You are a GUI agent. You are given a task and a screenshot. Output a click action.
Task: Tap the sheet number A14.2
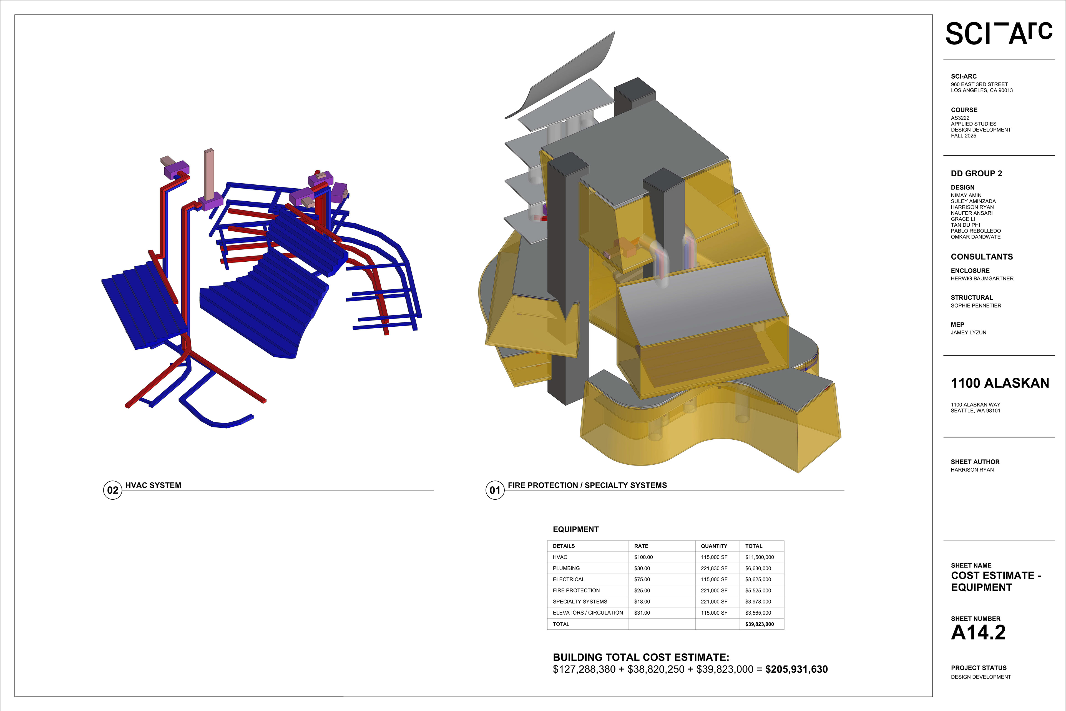(978, 633)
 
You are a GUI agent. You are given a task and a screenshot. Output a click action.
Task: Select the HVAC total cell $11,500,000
(760, 557)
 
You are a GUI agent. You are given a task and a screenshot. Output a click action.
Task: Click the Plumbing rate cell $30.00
(642, 568)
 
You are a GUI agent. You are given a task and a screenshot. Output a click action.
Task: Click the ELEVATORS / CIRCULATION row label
(588, 613)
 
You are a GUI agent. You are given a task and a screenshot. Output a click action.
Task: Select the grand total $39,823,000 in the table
(760, 624)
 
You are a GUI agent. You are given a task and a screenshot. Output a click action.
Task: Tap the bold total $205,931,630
(796, 669)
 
